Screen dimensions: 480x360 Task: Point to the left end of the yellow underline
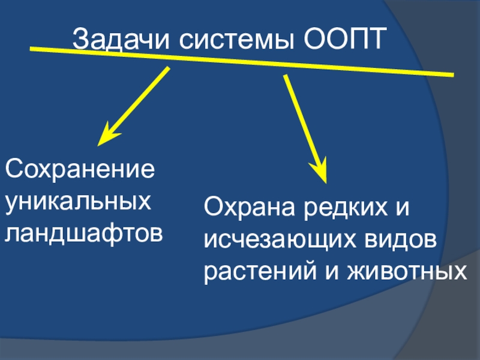click(x=31, y=47)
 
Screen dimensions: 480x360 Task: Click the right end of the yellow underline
click(x=452, y=74)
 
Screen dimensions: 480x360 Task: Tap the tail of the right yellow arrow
click(x=286, y=77)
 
